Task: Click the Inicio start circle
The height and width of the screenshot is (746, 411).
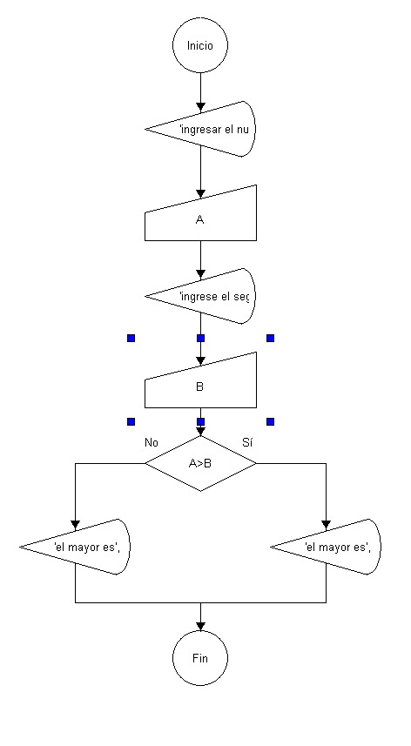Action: pos(200,45)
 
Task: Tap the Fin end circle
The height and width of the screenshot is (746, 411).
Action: pos(200,658)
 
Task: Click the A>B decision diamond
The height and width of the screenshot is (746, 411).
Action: pos(200,463)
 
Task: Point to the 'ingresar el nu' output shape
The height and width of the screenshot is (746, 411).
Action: pos(200,129)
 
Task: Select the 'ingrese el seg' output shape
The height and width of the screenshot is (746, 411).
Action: pos(200,296)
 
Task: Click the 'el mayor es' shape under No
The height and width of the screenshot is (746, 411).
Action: pos(75,547)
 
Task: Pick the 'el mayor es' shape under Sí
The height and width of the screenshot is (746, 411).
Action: pos(326,547)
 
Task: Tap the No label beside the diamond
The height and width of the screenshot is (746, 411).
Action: pos(152,442)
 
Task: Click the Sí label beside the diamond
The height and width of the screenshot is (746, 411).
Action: pos(247,442)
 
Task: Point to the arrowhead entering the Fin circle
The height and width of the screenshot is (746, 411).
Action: pos(200,626)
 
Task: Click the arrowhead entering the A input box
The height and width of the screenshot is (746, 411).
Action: pos(200,193)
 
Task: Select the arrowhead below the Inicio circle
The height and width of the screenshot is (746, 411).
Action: pos(200,105)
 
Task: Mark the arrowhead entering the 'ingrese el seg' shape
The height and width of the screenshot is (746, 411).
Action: pos(200,273)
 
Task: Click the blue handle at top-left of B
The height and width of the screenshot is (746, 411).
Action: pos(131,339)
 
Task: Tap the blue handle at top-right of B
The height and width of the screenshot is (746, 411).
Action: pos(270,339)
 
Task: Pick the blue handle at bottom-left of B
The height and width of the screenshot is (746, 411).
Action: pos(131,421)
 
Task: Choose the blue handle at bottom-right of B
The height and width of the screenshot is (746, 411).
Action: pos(270,421)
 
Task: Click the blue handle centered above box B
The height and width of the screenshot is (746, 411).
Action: pos(201,339)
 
